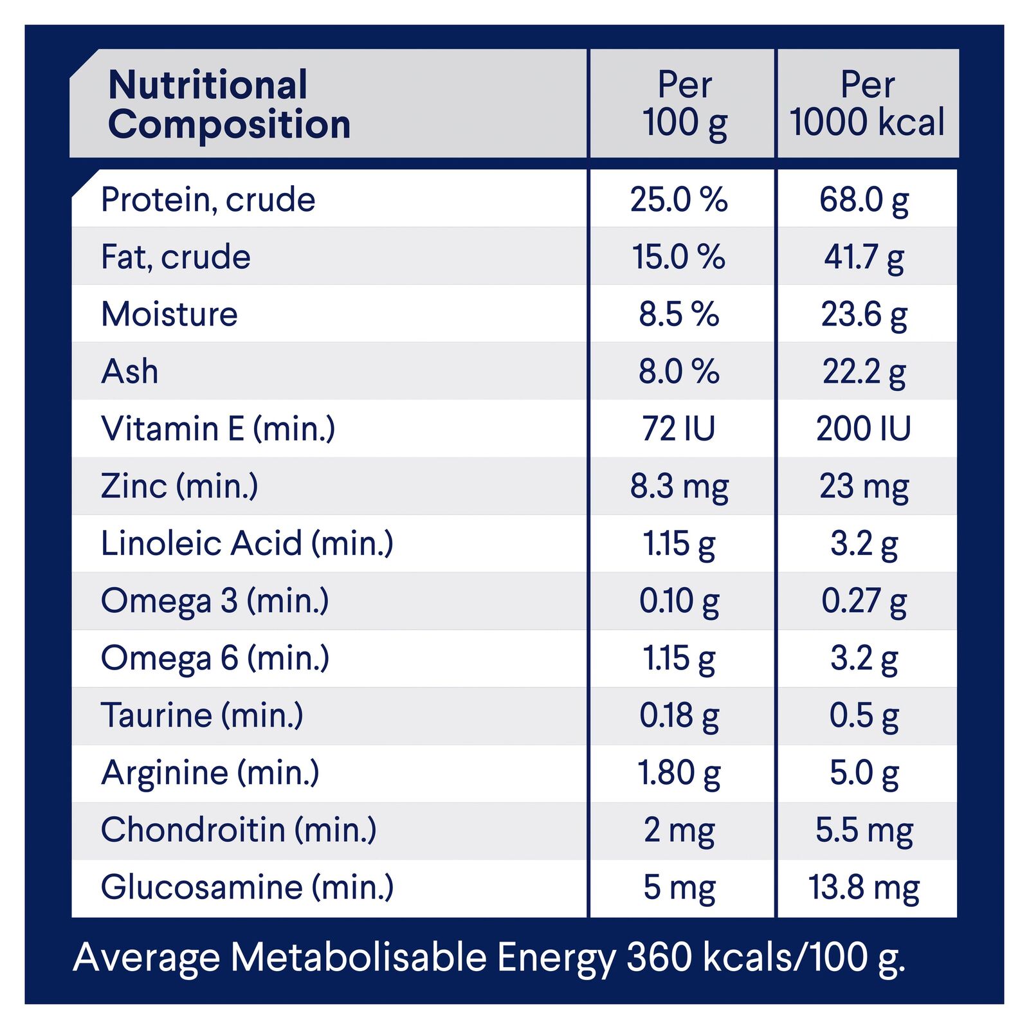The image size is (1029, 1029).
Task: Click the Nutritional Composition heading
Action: point(229,104)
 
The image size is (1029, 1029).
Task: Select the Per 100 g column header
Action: point(684,104)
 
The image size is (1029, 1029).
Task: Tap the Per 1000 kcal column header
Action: point(867,104)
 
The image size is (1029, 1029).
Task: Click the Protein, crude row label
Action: point(208,199)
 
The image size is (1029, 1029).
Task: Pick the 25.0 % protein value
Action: point(678,199)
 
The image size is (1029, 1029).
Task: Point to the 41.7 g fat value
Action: point(864,257)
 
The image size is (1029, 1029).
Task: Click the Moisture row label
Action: point(169,314)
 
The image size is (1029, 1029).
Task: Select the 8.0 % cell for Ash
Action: point(678,372)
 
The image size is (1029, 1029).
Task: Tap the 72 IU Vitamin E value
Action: point(678,429)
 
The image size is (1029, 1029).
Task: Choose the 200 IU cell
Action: point(864,429)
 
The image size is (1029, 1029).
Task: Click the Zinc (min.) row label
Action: point(179,486)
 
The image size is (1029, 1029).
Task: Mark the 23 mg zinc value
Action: point(864,486)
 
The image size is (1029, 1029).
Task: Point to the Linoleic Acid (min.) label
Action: point(247,543)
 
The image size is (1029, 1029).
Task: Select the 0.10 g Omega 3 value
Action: point(678,601)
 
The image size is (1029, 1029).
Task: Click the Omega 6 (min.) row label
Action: point(215,658)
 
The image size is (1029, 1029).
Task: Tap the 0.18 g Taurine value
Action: point(678,715)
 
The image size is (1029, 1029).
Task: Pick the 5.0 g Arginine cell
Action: point(864,772)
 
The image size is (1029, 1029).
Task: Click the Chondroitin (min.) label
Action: point(239,830)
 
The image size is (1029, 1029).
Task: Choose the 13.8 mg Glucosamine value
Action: point(864,888)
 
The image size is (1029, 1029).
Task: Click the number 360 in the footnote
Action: point(659,957)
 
